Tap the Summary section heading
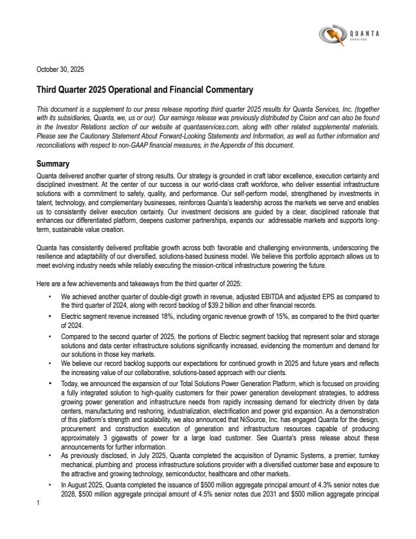[55, 163]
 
